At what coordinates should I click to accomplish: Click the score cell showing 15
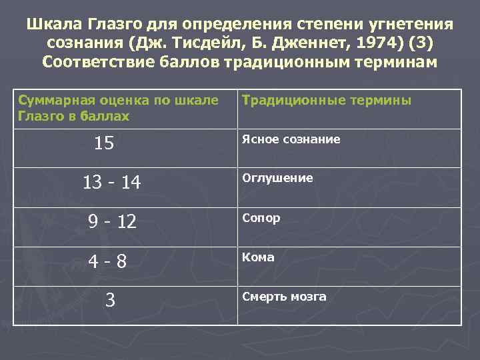click(104, 143)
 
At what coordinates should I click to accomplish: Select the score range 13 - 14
click(111, 183)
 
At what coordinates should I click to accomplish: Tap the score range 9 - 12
click(112, 221)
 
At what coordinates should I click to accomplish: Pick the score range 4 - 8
click(111, 261)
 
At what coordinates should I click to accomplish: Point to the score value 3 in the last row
click(111, 301)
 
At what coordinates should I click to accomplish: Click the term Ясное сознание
click(291, 139)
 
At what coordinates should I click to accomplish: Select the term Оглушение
click(277, 179)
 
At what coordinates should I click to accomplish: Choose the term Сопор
click(261, 218)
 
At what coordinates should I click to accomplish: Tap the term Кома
click(258, 257)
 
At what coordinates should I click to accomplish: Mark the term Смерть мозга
click(284, 297)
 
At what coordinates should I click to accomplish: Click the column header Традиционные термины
click(327, 101)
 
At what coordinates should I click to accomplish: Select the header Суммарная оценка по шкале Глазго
click(118, 108)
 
